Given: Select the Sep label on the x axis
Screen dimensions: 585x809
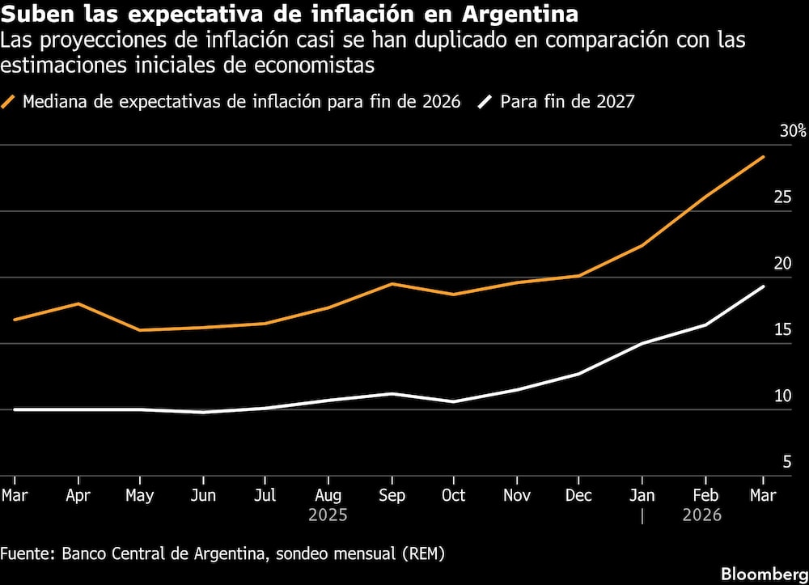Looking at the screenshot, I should pos(392,495).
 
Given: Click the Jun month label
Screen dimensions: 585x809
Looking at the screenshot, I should pos(204,495).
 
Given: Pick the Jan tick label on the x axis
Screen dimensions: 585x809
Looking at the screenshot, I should pos(642,495).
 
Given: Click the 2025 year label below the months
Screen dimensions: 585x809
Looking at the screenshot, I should pos(328,515).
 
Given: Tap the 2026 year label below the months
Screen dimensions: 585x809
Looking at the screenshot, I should pos(702,515).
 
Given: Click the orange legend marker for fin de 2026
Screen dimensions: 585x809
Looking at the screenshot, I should pos(10,102).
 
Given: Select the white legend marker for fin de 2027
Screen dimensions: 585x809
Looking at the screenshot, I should pos(485,102).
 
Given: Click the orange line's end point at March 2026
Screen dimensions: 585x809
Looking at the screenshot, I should pos(764,156).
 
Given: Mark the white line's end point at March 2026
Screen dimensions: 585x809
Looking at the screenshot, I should pos(764,286).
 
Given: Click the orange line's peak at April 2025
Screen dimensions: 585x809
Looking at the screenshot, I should pos(78,303).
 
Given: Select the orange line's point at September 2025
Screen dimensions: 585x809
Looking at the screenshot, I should pos(392,284).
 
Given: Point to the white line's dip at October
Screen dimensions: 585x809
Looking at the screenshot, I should pos(454,401).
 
